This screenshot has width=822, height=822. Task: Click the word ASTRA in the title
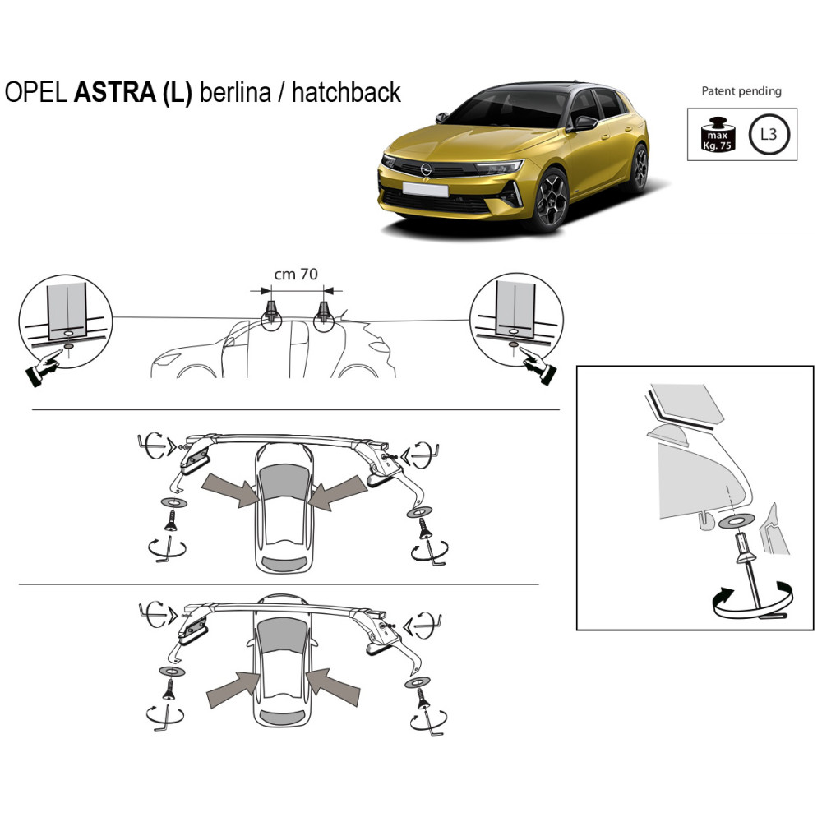pyautogui.click(x=115, y=92)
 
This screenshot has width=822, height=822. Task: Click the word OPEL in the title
pyautogui.click(x=36, y=92)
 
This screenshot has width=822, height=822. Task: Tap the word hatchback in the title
pyautogui.click(x=346, y=92)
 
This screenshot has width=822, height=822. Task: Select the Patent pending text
pyautogui.click(x=741, y=91)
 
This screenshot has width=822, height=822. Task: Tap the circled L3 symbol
pyautogui.click(x=769, y=134)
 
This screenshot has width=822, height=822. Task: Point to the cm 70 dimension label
pyautogui.click(x=296, y=275)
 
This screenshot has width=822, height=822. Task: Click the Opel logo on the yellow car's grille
pyautogui.click(x=426, y=169)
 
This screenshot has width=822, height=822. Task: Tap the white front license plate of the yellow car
pyautogui.click(x=425, y=190)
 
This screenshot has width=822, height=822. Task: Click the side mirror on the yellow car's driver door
pyautogui.click(x=585, y=123)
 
